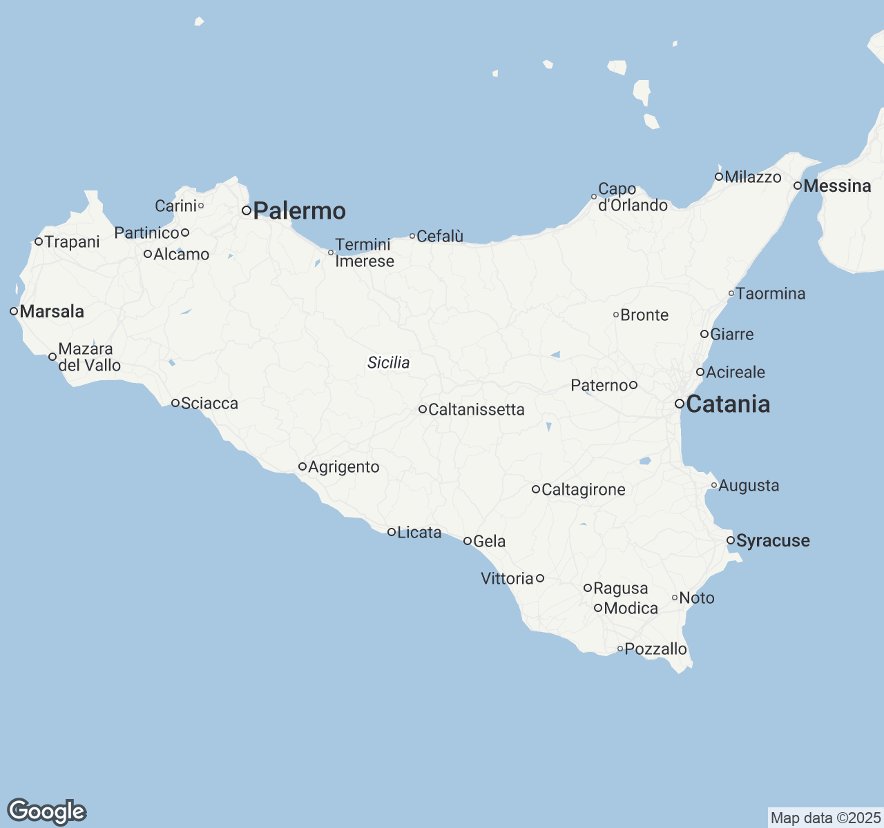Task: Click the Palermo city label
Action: coord(299,210)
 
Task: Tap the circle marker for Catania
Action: coord(680,404)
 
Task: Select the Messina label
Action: coord(837,186)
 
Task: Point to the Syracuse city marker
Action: coord(731,540)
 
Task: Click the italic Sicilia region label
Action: coord(388,363)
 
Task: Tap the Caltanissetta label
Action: coord(477,409)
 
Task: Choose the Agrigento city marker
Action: coord(302,466)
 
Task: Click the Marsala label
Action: coord(52,311)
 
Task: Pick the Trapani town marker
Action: coord(39,241)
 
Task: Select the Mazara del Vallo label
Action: coord(89,357)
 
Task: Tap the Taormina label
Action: coord(771,293)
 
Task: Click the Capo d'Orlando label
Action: coord(633,197)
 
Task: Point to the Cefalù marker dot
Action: coord(412,236)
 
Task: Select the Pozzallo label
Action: coord(655,649)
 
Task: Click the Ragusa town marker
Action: coord(588,588)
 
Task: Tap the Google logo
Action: coord(46,811)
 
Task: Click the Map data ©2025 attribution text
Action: coord(825,818)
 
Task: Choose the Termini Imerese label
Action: coord(364,253)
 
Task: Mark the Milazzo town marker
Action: coord(719,177)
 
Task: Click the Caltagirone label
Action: coord(583,489)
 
